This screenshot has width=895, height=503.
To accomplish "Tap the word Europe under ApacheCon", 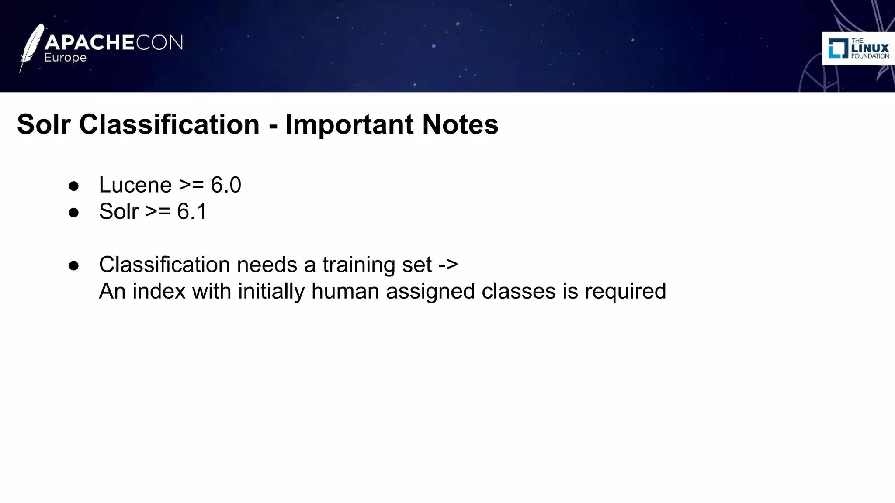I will (x=66, y=58).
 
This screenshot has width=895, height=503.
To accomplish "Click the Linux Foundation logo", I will (x=858, y=48).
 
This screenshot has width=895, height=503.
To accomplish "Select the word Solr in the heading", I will (x=44, y=124).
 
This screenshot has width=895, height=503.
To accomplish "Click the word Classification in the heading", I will (x=169, y=124).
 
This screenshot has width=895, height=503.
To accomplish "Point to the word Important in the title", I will (x=349, y=124).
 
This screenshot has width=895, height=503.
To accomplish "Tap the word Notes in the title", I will (x=460, y=124).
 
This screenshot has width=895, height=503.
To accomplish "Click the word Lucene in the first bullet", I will (x=135, y=185).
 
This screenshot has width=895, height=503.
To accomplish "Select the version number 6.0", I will (x=226, y=185).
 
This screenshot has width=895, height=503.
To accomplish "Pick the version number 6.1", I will (x=192, y=212).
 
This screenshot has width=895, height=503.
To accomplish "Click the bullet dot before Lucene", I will (x=74, y=186).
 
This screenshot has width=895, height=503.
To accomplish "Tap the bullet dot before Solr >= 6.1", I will (x=74, y=213).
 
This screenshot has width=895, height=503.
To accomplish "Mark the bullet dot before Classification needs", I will (x=74, y=266).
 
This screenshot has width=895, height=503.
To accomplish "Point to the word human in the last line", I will (x=345, y=291).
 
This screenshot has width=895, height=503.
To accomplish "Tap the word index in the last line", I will (x=159, y=291).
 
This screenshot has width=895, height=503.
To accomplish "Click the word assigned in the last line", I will (x=430, y=291).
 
